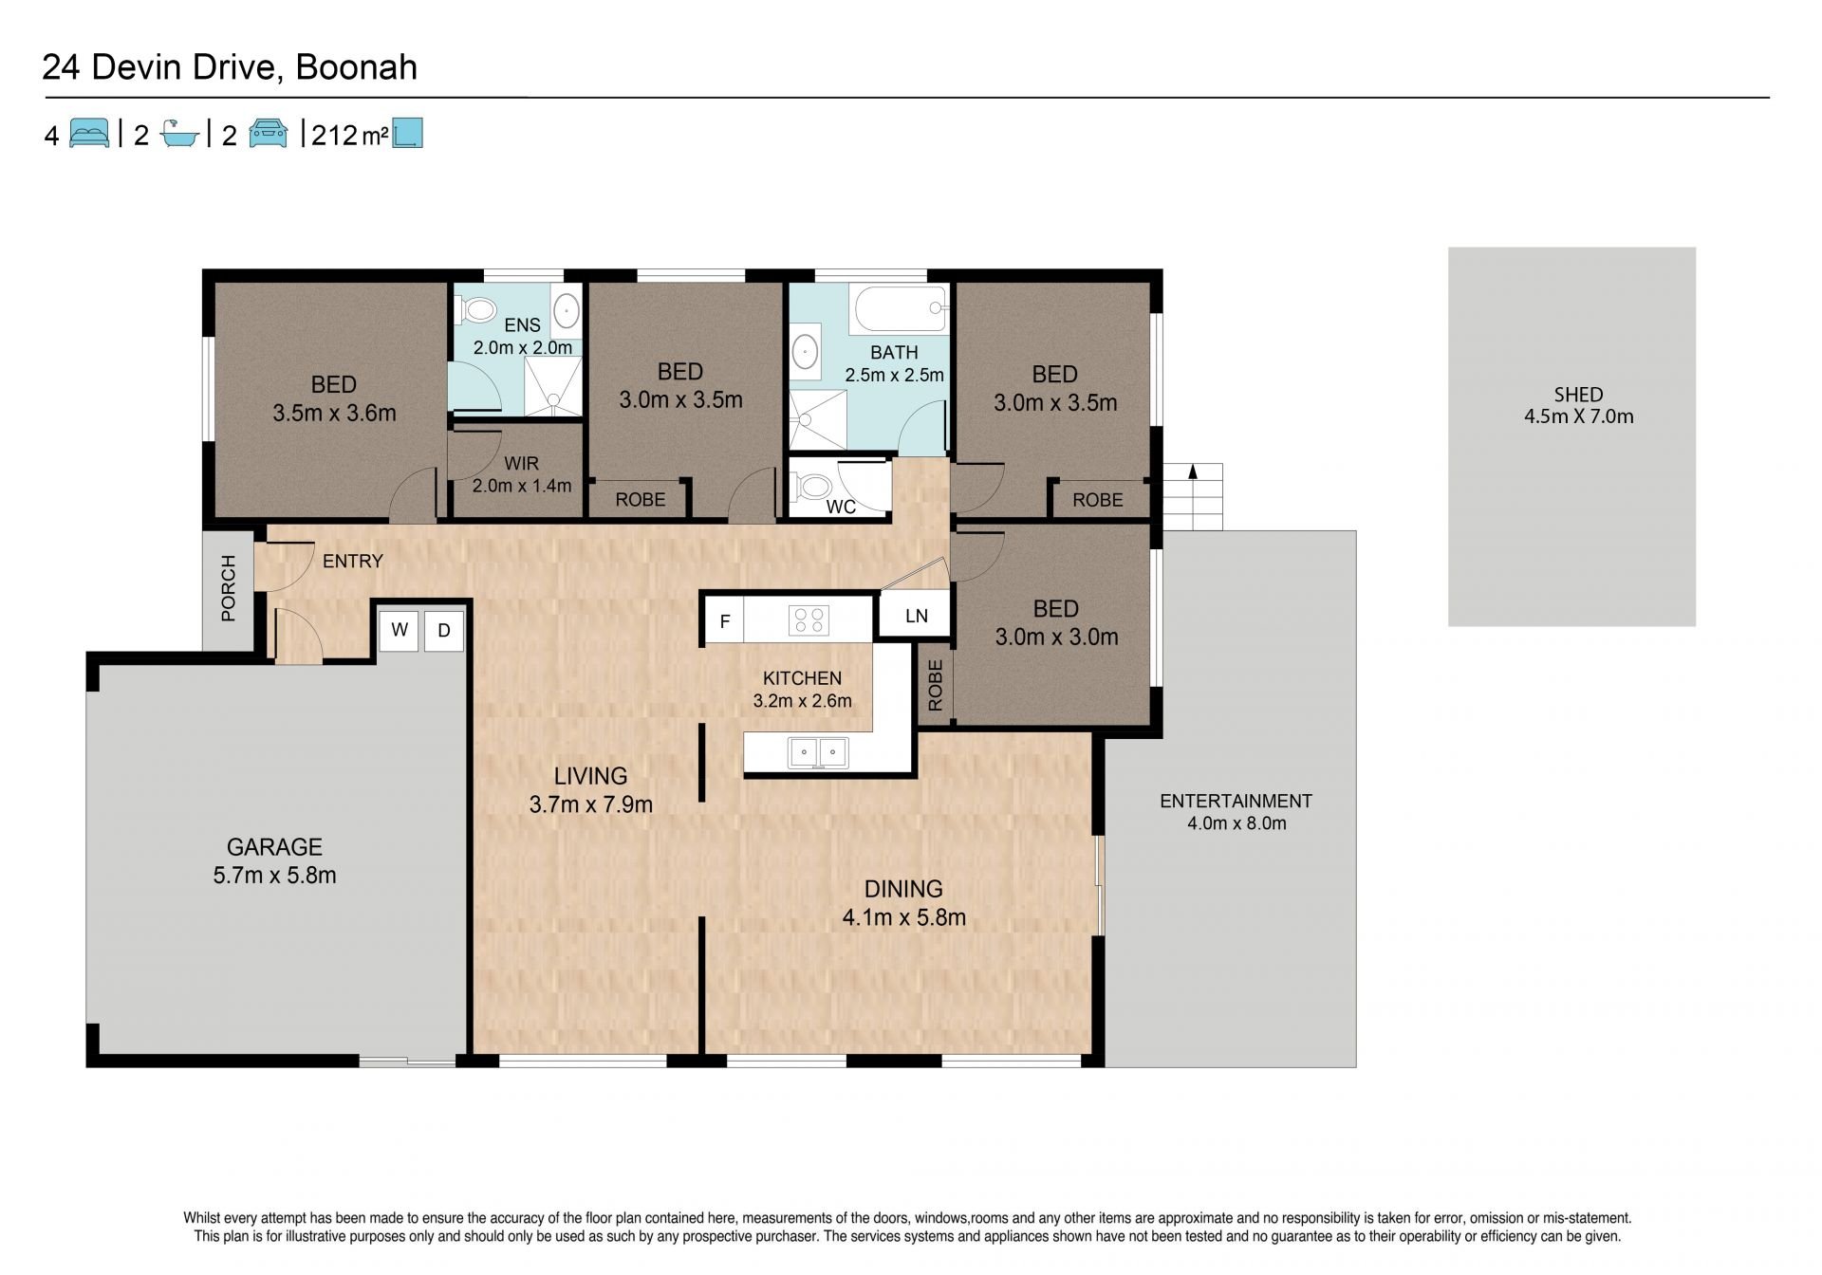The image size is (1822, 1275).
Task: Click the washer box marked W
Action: tap(400, 631)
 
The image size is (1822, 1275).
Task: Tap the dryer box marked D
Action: tap(443, 631)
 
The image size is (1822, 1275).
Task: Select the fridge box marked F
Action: tap(724, 621)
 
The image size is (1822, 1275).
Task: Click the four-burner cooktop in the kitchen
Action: tap(809, 620)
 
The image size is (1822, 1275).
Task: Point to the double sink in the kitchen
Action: tap(818, 752)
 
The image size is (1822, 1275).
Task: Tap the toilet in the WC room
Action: tap(813, 488)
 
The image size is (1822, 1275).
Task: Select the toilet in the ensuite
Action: tap(478, 309)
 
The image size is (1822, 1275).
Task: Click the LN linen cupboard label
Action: tap(917, 616)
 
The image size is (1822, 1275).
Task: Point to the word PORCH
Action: tap(228, 588)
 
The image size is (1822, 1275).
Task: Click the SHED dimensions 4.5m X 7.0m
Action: tap(1579, 416)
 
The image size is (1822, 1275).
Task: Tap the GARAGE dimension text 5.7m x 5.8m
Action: tap(274, 876)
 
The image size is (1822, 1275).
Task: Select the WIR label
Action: tap(521, 464)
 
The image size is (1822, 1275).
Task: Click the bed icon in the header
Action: tap(89, 133)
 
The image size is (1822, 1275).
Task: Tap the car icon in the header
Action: tap(268, 134)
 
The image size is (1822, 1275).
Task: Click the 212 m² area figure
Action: tap(348, 136)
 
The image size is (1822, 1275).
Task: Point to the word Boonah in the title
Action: tap(357, 67)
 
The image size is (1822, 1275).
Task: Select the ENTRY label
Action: tap(353, 562)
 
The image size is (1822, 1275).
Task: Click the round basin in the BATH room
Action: tap(805, 352)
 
